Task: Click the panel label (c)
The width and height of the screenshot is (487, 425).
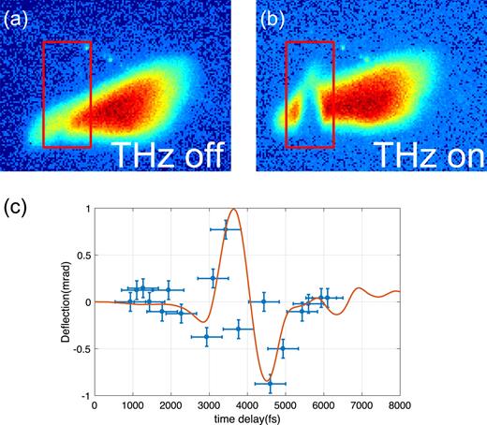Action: [16, 203]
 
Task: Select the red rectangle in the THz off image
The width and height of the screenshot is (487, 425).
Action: [67, 95]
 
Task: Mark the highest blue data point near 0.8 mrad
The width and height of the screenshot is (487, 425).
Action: [225, 228]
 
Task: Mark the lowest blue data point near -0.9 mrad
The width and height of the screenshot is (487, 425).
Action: [270, 384]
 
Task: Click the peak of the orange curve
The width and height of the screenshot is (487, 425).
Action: [231, 210]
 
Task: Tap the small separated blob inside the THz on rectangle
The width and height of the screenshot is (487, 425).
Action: [296, 113]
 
